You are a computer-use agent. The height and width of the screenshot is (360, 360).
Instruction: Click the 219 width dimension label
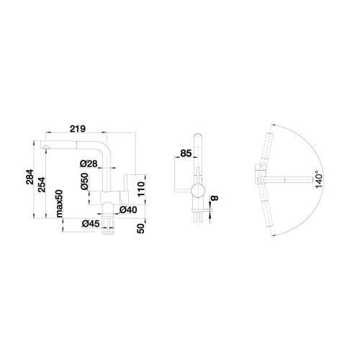click(x=78, y=129)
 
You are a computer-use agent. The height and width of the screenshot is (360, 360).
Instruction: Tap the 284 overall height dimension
click(x=30, y=177)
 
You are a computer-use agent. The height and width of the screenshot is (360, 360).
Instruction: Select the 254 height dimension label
click(x=42, y=184)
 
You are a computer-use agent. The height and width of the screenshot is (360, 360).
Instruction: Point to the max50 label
click(x=59, y=204)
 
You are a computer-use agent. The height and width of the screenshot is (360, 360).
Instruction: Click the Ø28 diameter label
click(x=89, y=163)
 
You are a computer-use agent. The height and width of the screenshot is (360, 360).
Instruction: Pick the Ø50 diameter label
click(x=84, y=181)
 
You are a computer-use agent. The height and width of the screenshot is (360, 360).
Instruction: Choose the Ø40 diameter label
click(x=128, y=210)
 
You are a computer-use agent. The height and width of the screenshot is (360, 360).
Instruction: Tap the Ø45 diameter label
click(x=91, y=224)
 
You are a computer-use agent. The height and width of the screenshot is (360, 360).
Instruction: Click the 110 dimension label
click(x=141, y=189)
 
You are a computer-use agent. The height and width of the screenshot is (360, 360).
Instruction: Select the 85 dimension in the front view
click(x=186, y=153)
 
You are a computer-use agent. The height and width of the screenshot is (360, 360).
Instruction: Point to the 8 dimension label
click(x=215, y=198)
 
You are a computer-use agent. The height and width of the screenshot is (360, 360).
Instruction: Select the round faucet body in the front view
click(x=198, y=191)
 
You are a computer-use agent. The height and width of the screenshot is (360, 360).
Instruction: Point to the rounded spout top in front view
click(x=198, y=136)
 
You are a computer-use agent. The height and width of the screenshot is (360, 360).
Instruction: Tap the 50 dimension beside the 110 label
click(x=141, y=228)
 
